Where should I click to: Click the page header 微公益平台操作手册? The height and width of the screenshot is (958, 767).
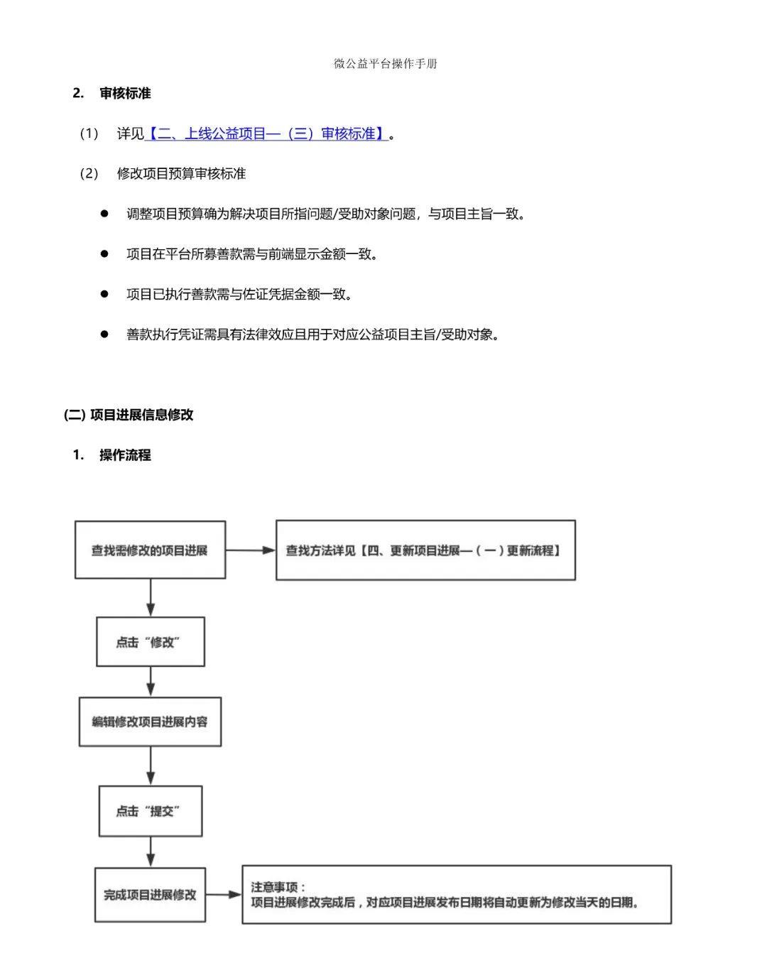tap(385, 64)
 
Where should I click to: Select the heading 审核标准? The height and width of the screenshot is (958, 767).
tap(125, 94)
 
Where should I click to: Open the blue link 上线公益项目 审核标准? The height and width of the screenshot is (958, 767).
tap(266, 134)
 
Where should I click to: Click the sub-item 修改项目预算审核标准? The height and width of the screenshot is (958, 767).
tap(181, 173)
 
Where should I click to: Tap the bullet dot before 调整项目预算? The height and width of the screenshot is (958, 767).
tap(104, 214)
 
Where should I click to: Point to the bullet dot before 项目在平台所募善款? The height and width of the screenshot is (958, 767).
tap(104, 254)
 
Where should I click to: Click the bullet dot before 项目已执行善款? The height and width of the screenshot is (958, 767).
tap(104, 294)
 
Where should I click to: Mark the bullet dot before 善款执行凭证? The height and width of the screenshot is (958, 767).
tap(104, 334)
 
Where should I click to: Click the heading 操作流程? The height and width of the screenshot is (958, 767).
tap(125, 455)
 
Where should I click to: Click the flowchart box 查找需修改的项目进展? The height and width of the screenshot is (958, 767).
tap(150, 550)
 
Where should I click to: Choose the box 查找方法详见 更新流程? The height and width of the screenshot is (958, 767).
tap(425, 550)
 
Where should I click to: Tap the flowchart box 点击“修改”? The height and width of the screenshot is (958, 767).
tap(151, 641)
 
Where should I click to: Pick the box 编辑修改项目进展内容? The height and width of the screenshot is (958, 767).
tap(150, 722)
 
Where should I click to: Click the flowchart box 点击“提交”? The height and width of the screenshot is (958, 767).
tap(151, 811)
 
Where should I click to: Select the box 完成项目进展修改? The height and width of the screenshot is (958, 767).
tap(150, 895)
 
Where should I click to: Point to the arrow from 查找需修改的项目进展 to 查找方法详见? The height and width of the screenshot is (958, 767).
tap(251, 550)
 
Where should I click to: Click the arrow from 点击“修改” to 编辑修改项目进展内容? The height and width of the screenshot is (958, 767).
tap(151, 682)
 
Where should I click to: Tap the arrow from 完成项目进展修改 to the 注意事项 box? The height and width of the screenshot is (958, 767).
tap(224, 894)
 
